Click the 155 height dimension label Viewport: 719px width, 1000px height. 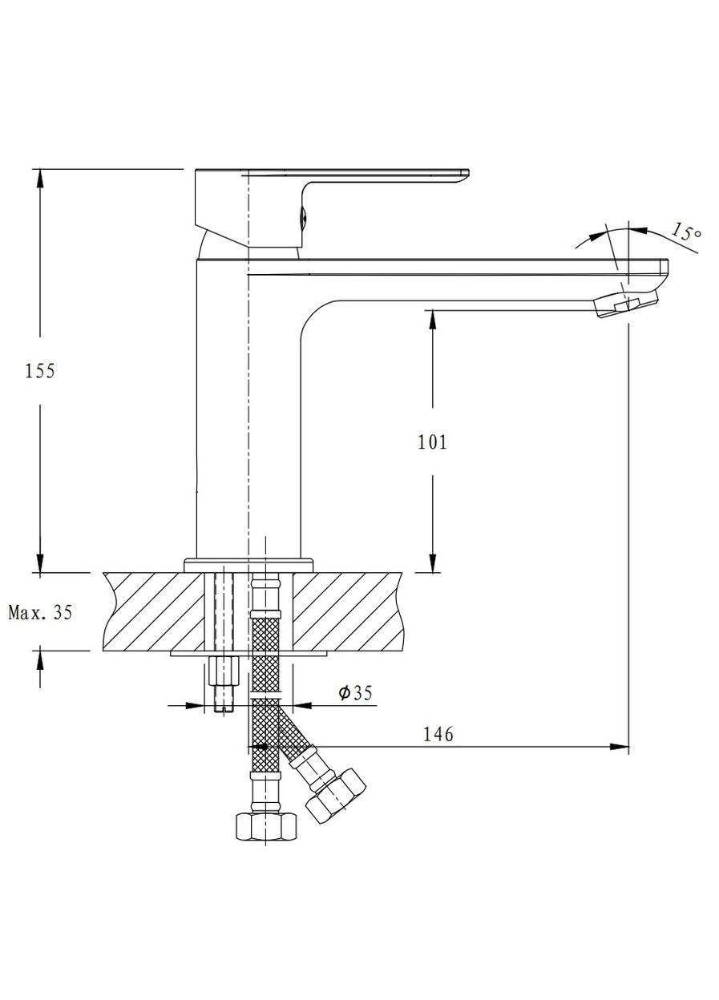point(40,371)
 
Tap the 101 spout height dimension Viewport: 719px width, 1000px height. point(433,442)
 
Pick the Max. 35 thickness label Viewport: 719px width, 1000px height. point(40,613)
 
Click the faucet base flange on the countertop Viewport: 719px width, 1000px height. point(248,565)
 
